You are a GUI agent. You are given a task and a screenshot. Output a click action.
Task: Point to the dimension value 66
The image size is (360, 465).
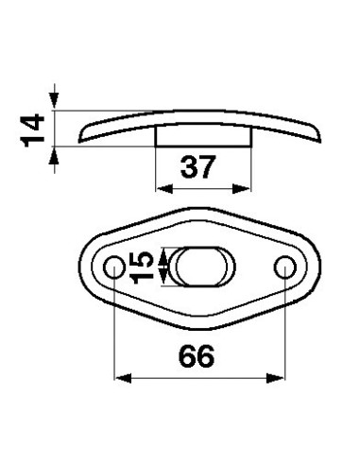[x=197, y=356]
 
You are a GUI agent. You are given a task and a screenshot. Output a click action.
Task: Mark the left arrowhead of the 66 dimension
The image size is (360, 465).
[x=120, y=380]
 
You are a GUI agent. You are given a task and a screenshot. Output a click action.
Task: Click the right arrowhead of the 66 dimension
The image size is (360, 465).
[x=277, y=380]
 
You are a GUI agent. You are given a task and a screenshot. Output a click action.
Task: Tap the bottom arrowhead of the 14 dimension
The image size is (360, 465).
[x=58, y=154]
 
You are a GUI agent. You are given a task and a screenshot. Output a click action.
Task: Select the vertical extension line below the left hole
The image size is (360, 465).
[x=113, y=331]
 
